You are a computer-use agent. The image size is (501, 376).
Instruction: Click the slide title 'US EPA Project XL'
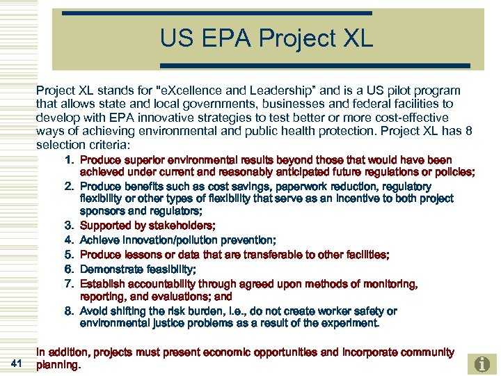(x=267, y=38)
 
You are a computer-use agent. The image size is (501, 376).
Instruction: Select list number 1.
(x=70, y=160)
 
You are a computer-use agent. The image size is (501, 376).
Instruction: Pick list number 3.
(x=70, y=225)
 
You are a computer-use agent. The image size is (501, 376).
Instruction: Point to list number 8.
(x=70, y=311)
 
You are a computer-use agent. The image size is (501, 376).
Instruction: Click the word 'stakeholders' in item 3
(x=183, y=225)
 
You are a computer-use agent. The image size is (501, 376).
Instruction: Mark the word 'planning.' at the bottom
(x=58, y=364)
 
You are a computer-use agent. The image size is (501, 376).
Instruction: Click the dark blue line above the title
(x=216, y=13)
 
